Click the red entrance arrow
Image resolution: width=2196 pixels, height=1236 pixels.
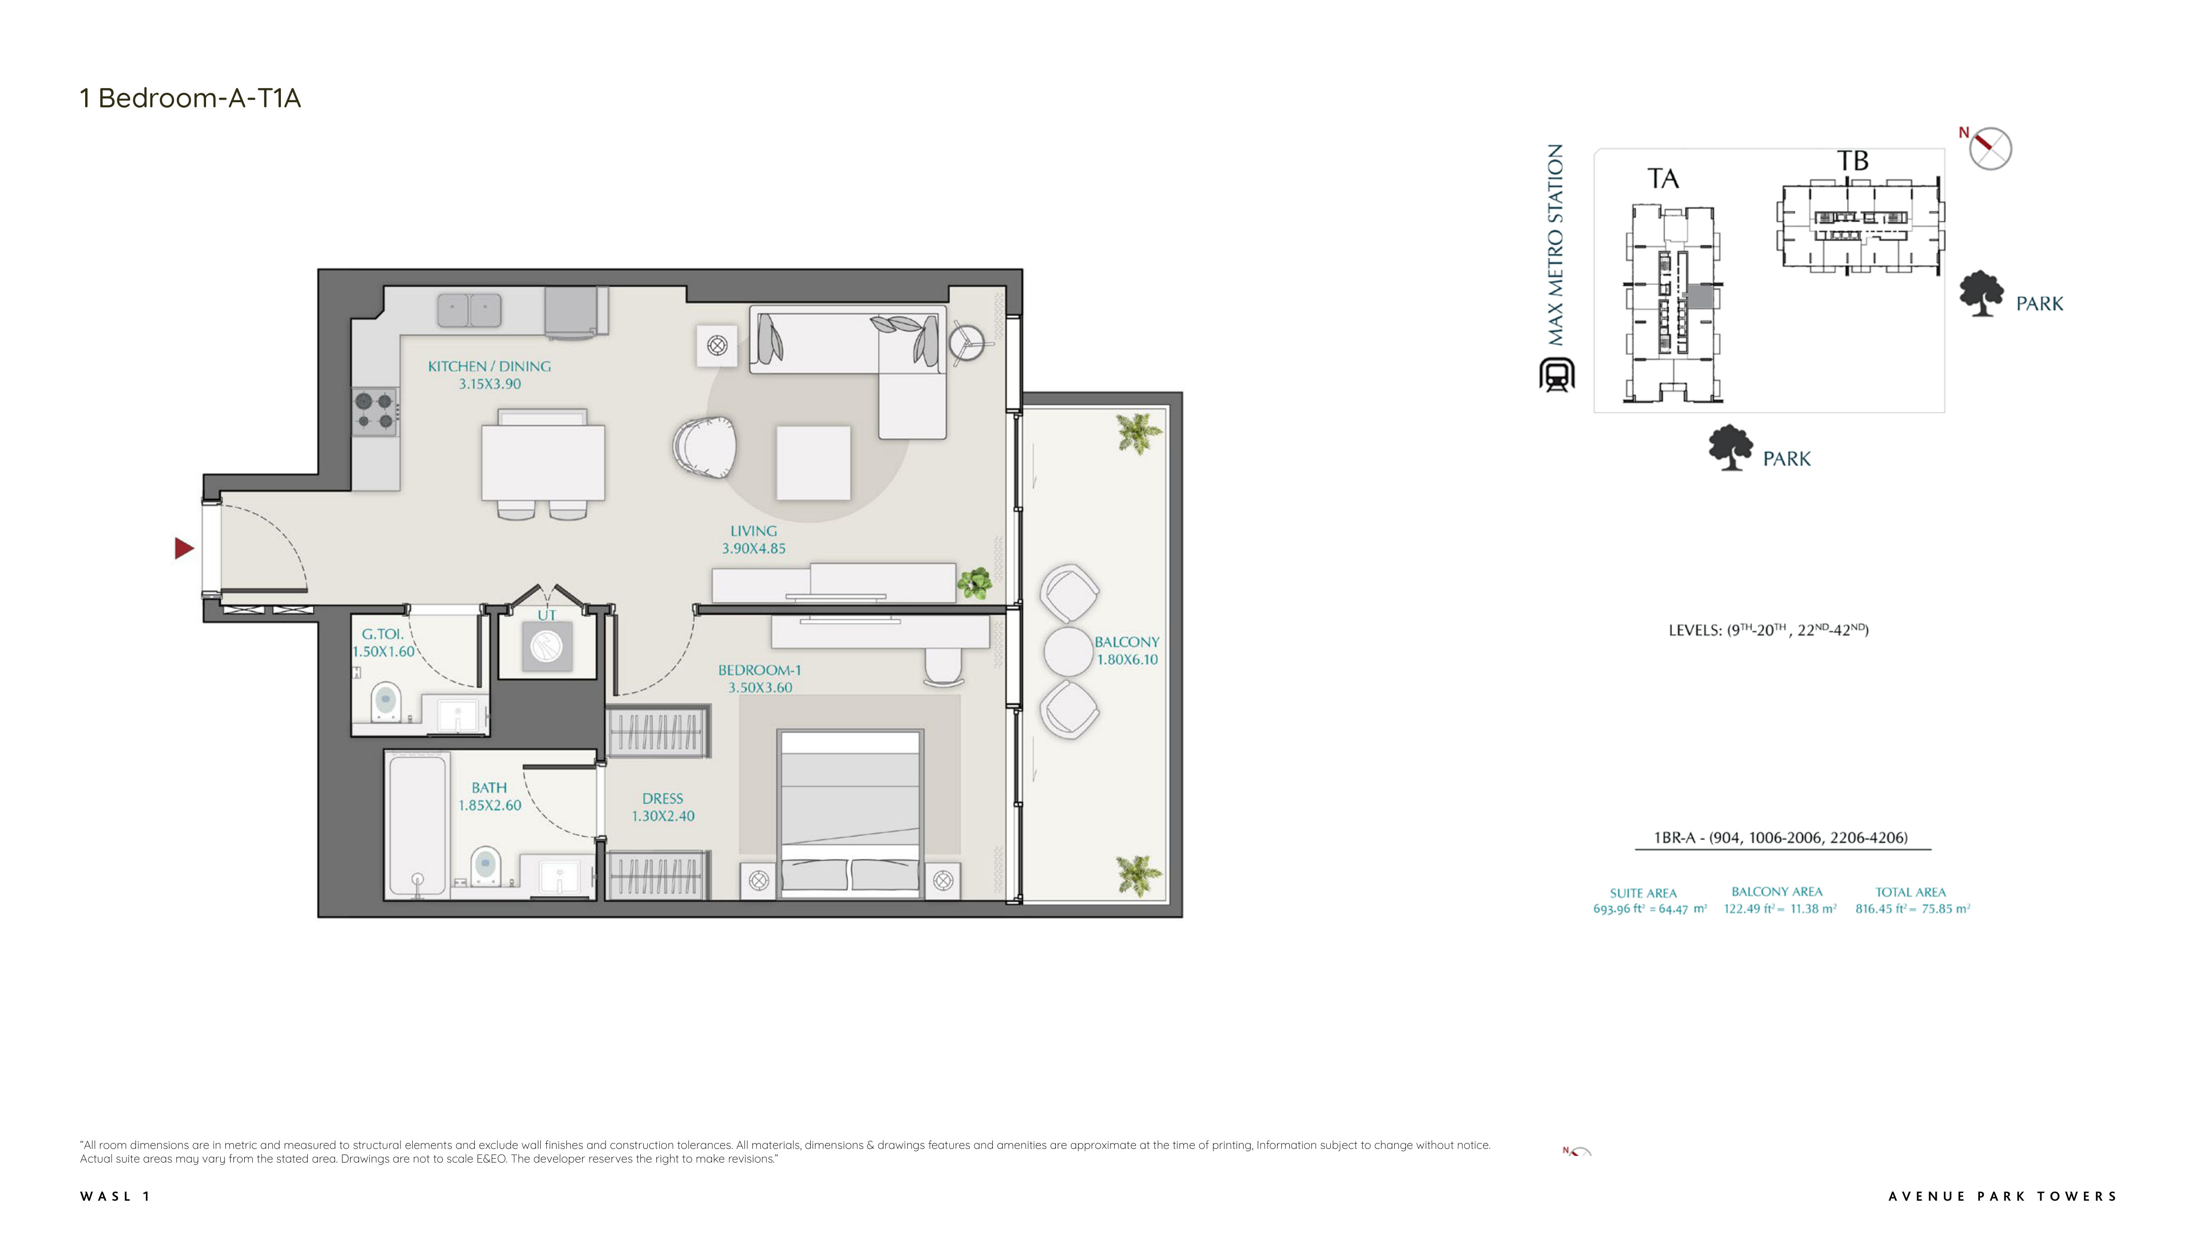click(x=184, y=548)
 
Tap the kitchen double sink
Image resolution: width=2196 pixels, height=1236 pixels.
click(x=469, y=310)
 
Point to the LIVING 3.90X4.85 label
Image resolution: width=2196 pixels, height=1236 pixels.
click(x=754, y=539)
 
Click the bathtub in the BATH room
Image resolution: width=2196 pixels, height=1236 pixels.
click(x=417, y=825)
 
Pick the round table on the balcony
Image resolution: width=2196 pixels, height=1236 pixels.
click(x=1068, y=652)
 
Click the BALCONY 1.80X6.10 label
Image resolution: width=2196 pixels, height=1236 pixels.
click(x=1127, y=650)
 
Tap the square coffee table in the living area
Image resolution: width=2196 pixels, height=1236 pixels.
click(x=813, y=462)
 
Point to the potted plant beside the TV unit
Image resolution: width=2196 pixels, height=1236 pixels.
click(x=974, y=583)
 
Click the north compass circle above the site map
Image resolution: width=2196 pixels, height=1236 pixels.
click(x=1990, y=148)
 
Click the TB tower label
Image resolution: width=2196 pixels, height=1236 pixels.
click(x=1853, y=161)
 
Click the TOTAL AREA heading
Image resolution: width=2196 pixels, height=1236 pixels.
click(x=1910, y=892)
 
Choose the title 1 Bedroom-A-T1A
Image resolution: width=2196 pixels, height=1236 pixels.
click(x=190, y=98)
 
